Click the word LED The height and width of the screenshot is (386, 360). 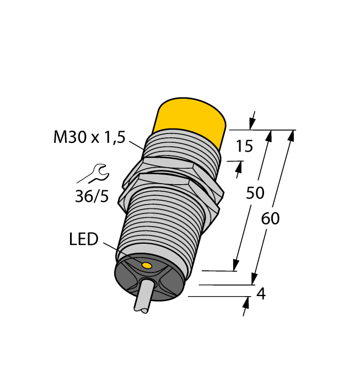[83, 239]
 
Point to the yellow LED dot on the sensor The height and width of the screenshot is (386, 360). [147, 266]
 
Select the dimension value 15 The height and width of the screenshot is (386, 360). [244, 146]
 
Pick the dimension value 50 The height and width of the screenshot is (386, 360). [255, 193]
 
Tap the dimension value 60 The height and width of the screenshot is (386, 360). [270, 218]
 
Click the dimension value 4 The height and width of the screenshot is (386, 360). [261, 294]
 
